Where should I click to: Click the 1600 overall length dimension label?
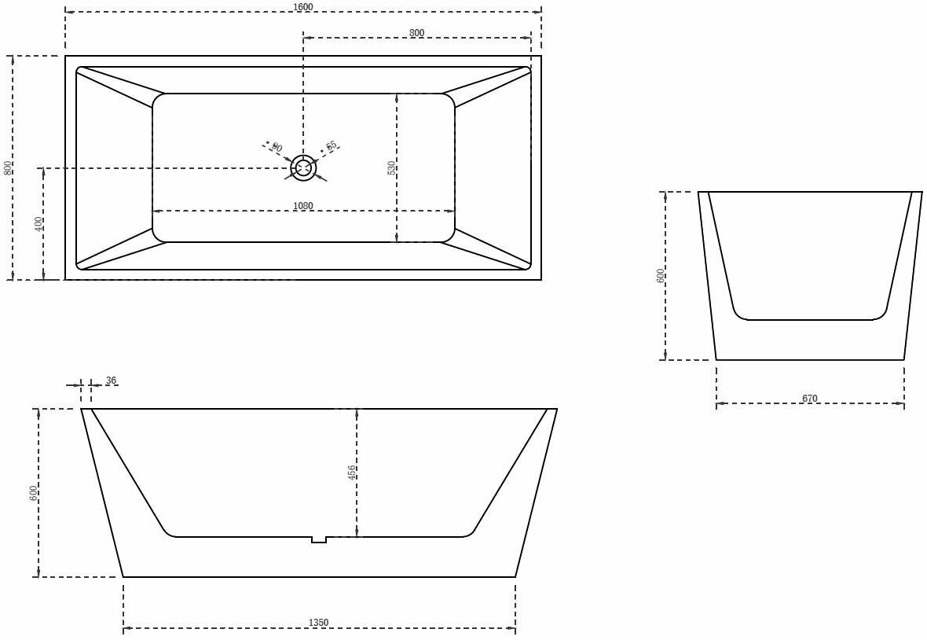click(x=302, y=7)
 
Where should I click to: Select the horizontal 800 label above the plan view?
click(x=416, y=32)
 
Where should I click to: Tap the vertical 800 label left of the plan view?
click(x=8, y=167)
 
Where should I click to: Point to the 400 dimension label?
click(x=38, y=224)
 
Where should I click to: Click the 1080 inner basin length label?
click(x=302, y=206)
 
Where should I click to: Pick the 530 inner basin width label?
click(x=391, y=167)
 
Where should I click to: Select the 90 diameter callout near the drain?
click(x=276, y=148)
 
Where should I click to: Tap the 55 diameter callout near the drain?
click(x=332, y=146)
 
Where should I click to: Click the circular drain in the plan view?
click(x=303, y=167)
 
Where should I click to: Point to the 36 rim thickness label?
click(x=111, y=381)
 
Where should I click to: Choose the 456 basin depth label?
click(x=352, y=472)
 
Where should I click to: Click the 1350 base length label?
click(x=318, y=623)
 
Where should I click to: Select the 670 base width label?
click(x=810, y=399)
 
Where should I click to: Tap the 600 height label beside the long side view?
click(x=34, y=493)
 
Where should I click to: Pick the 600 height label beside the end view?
click(x=661, y=275)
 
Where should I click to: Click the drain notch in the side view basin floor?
click(x=318, y=539)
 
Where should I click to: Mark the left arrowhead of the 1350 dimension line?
click(x=126, y=628)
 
